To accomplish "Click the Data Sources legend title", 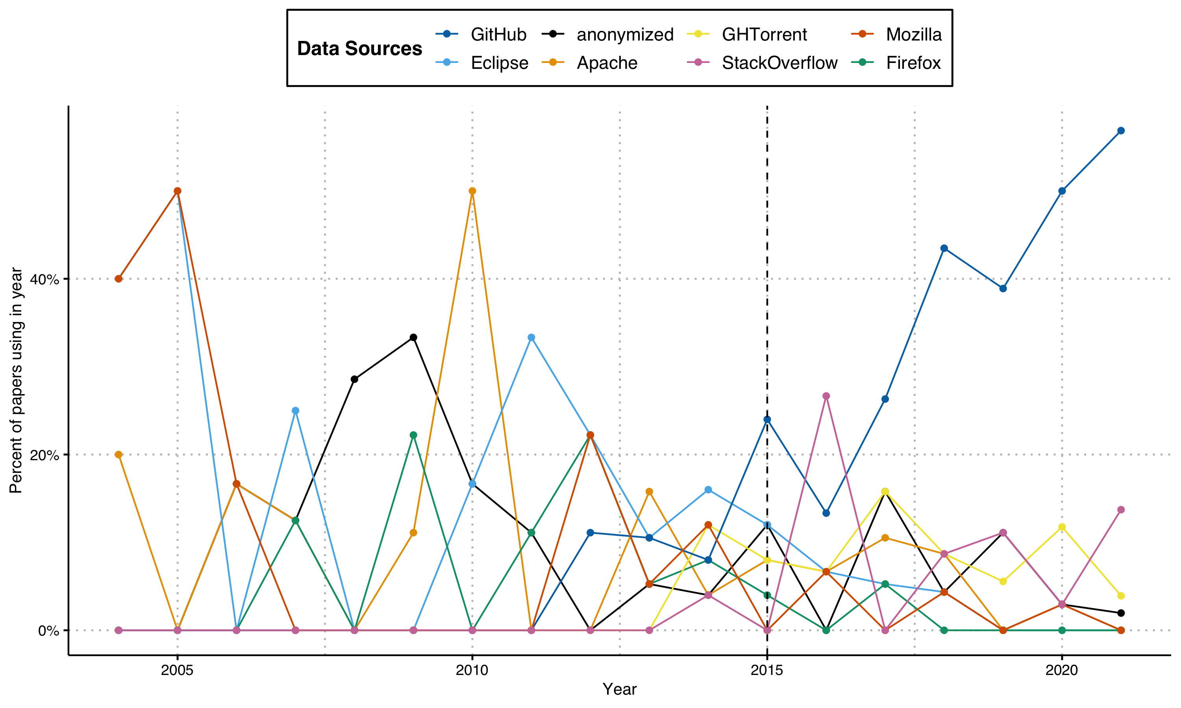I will pos(359,49).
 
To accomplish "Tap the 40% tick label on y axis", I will pos(44,279).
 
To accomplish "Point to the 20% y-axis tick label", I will pos(44,455).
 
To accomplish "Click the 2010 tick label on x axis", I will pos(472,670).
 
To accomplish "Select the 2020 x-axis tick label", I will pos(1062,670).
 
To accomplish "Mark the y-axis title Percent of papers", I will pos(16,380).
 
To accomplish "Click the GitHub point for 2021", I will pos(1121,131).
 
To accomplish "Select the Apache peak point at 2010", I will pos(472,191).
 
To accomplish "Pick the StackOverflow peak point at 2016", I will pos(826,396).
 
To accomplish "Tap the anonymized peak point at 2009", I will pos(413,338).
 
